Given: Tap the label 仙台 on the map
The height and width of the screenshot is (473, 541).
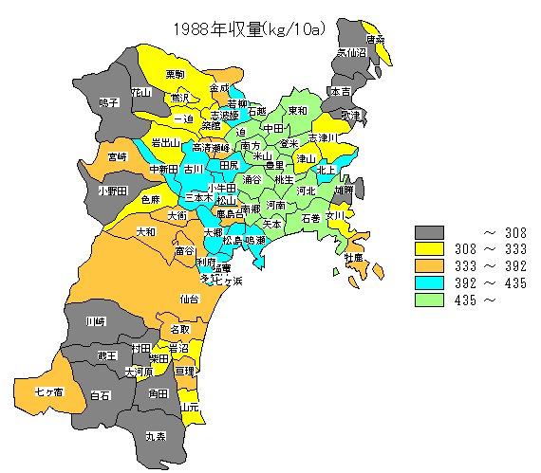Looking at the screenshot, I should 189,299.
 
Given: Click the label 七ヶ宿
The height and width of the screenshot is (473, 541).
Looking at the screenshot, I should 48,391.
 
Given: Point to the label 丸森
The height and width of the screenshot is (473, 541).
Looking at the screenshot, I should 155,436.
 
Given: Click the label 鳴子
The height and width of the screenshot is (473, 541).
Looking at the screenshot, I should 109,101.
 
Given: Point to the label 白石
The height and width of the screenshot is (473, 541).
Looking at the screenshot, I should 100,394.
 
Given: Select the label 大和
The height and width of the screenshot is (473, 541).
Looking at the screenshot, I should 146,231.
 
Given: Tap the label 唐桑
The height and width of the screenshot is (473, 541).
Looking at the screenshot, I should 374,40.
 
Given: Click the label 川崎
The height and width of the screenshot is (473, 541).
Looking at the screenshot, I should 96,321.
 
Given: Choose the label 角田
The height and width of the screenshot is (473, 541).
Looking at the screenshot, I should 158,392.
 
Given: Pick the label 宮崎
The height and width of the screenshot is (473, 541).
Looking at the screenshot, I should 117,155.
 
